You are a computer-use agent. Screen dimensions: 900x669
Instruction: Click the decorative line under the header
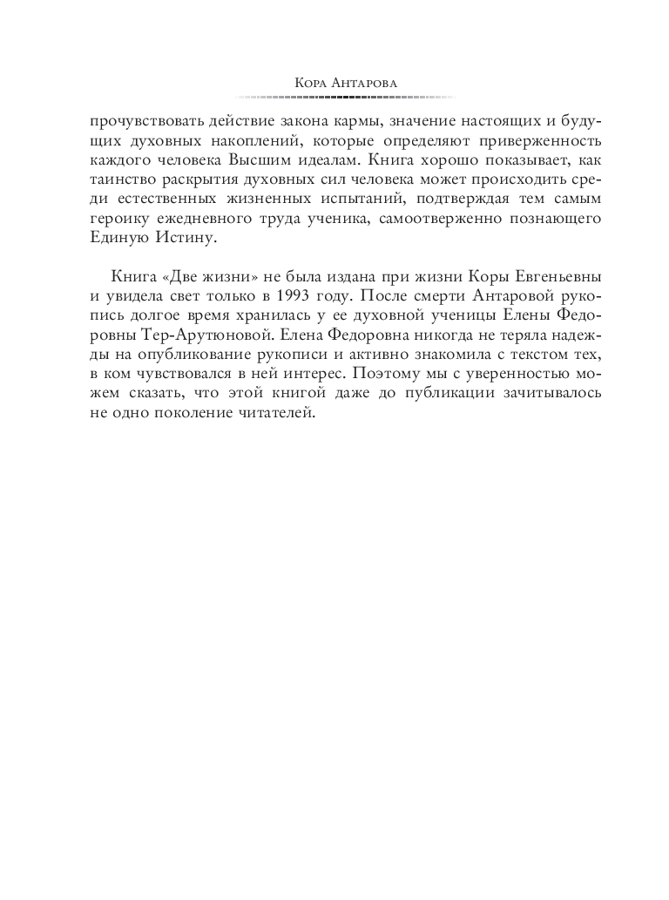334,96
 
